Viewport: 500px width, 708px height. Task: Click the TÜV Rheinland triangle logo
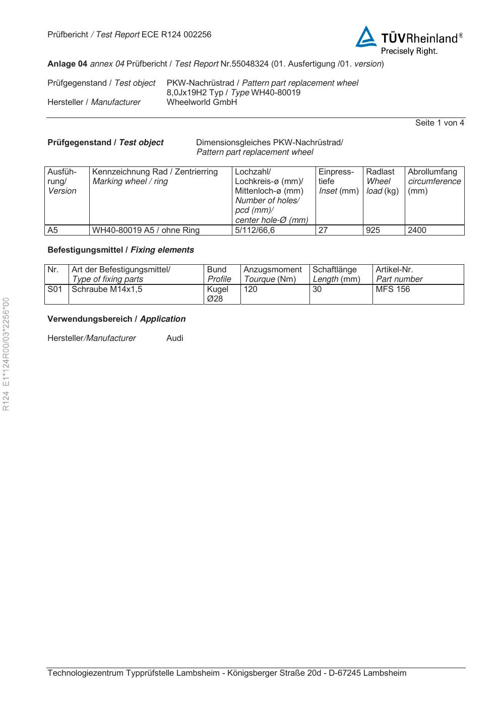(x=366, y=38)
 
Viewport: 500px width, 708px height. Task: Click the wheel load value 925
(x=373, y=230)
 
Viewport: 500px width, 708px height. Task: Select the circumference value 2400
(x=417, y=230)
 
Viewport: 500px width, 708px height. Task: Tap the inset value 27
(x=323, y=230)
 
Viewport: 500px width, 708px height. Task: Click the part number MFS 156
(x=393, y=289)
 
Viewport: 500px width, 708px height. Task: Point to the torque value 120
(x=251, y=289)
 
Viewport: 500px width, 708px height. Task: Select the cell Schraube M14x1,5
(x=107, y=289)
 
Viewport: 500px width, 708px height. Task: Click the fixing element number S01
(x=55, y=289)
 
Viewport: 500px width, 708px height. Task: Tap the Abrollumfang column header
(x=432, y=172)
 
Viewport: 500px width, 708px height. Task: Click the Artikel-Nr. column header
(x=394, y=270)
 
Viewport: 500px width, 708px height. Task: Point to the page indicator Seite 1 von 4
(x=440, y=123)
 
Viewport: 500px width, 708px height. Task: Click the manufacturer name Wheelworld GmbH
(x=202, y=102)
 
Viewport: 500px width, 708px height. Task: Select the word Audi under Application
(x=175, y=338)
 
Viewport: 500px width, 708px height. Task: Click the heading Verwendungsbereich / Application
(x=116, y=319)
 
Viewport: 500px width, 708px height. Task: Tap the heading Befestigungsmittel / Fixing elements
(x=120, y=250)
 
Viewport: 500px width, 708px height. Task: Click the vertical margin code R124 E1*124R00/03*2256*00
(x=7, y=354)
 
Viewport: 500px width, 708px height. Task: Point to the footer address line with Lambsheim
(x=227, y=673)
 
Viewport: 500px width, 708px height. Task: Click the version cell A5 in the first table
(x=53, y=230)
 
